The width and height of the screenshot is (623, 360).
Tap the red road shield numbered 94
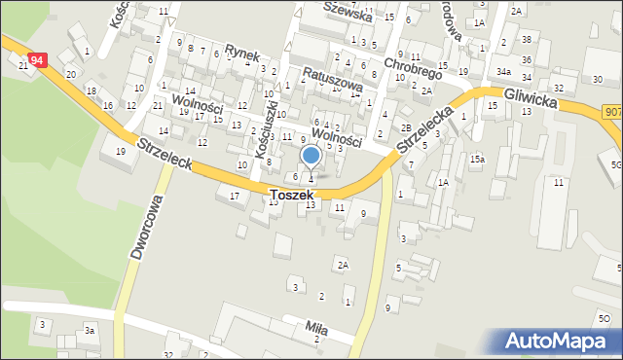pyautogui.click(x=37, y=60)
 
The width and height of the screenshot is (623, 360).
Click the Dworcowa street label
pyautogui.click(x=145, y=225)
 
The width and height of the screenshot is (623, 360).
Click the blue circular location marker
pyautogui.click(x=311, y=155)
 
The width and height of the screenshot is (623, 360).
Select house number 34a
pyautogui.click(x=502, y=72)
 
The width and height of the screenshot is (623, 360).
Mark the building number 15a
pyautogui.click(x=477, y=159)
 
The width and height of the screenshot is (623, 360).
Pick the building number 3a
pyautogui.click(x=89, y=332)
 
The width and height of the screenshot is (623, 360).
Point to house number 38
pyautogui.click(x=526, y=39)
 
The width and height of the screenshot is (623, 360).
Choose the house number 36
pyautogui.click(x=527, y=59)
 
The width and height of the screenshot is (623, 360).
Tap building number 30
pyautogui.click(x=597, y=79)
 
